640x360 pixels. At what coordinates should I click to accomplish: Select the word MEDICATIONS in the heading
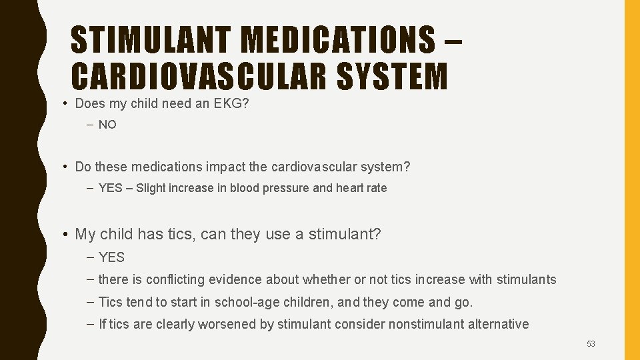338,39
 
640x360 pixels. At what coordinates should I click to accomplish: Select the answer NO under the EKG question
107,125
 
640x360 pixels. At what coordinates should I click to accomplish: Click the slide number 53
591,344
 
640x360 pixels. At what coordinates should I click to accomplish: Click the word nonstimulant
406,325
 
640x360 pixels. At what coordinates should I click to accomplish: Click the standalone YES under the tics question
111,257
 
